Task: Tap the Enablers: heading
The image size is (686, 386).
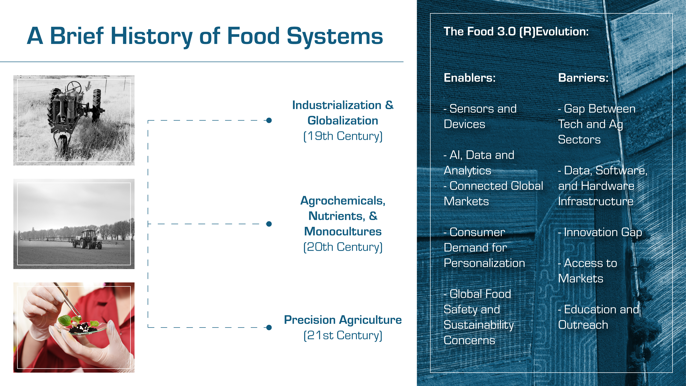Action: (470, 78)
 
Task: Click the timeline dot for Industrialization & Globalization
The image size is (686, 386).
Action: (269, 120)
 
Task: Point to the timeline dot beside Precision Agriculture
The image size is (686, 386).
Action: (269, 327)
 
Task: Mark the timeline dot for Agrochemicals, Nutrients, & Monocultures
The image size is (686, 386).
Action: (269, 224)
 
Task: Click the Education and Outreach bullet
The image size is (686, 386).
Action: (598, 317)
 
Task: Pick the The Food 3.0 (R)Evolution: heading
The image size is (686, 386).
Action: (516, 31)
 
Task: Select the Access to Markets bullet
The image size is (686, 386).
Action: (587, 271)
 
